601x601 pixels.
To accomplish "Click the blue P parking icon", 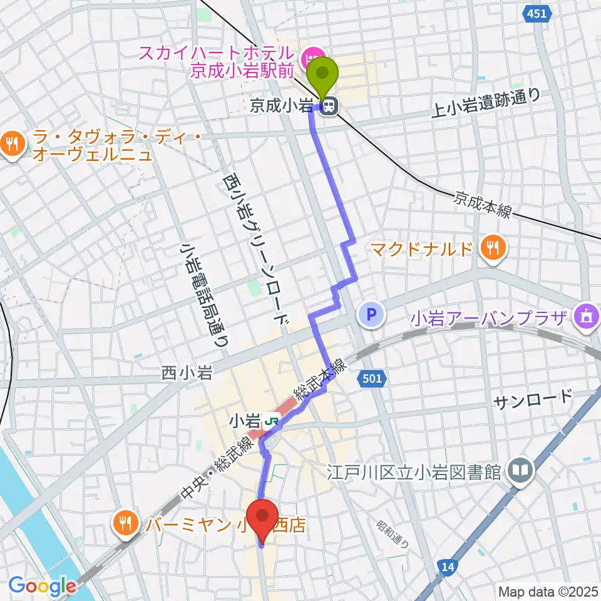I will [371, 314].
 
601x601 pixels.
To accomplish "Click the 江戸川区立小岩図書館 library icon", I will [520, 470].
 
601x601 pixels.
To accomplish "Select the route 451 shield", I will [537, 14].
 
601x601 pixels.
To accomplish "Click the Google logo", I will [42, 586].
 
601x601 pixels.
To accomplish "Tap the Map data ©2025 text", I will [548, 591].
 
